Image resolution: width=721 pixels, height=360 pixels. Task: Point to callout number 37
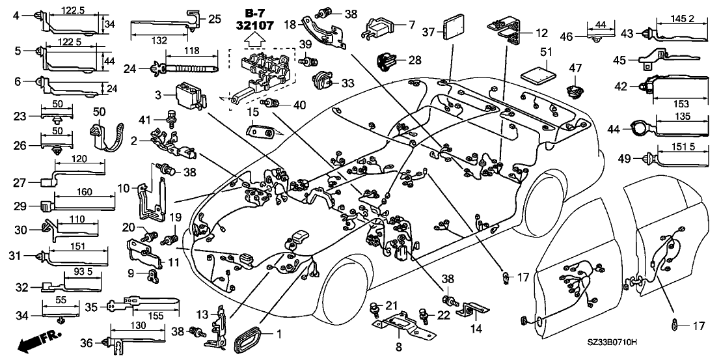[428, 31]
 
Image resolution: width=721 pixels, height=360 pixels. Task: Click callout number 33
[348, 83]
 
